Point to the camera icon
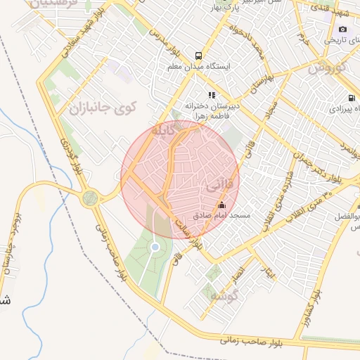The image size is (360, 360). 342,29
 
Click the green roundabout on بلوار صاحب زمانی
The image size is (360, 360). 90,198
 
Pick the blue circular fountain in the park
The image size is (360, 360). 155,246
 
